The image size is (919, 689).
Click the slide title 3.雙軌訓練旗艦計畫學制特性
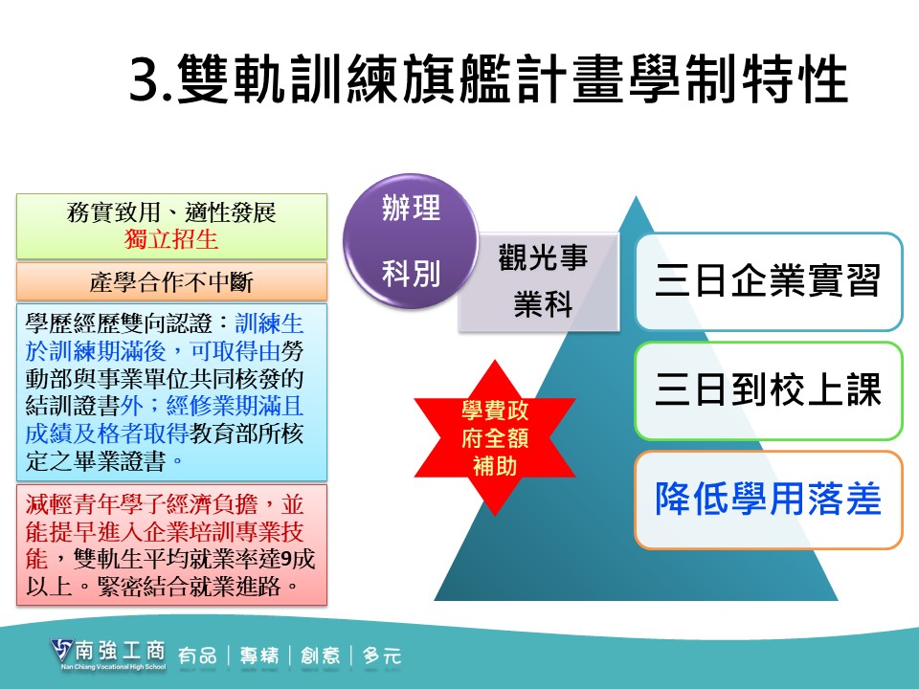coord(488,79)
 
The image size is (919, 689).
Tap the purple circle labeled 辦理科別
coord(411,241)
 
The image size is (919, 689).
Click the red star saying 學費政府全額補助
coord(495,437)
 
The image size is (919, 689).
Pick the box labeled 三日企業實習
coord(769,281)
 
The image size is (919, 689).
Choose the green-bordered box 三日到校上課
coord(769,390)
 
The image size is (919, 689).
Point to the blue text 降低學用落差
coord(769,500)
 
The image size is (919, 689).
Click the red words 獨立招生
coord(171,239)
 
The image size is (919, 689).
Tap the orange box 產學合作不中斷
coord(171,281)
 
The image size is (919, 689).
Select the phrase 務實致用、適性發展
coord(171,212)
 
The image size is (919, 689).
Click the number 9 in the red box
coord(286,559)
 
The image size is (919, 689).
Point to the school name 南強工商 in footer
coord(121,651)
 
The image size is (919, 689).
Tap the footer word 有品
coord(197,655)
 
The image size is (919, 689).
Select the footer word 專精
coord(259,655)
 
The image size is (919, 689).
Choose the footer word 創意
coord(320,655)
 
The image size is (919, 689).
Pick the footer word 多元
coord(382,655)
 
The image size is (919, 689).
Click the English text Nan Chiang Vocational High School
coord(114,667)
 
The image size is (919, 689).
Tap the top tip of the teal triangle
coord(636,197)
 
